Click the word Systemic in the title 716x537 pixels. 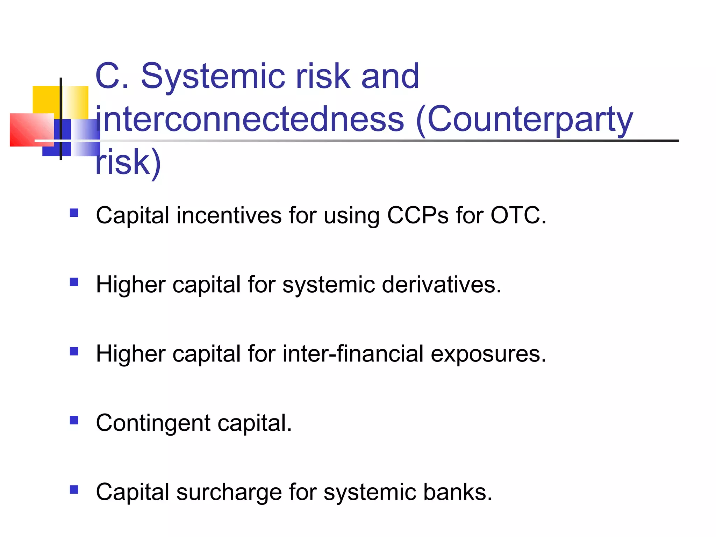click(x=213, y=76)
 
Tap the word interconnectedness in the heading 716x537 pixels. click(x=250, y=120)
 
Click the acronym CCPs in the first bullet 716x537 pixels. click(x=417, y=215)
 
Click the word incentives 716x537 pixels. click(x=229, y=215)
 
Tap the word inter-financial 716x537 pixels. click(x=353, y=354)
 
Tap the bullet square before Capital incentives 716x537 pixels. click(x=74, y=213)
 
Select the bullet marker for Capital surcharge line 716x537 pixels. click(x=74, y=489)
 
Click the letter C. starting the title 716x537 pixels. click(x=112, y=76)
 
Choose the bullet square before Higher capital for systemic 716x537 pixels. click(x=74, y=282)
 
